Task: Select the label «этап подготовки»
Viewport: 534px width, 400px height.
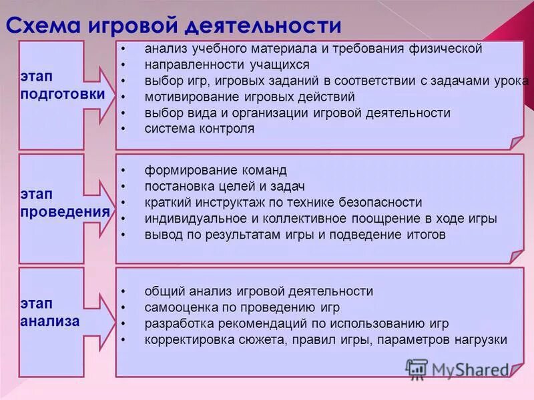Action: click(x=62, y=86)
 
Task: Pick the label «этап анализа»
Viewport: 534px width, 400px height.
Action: click(x=50, y=313)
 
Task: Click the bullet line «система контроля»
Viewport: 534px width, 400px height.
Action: click(x=200, y=129)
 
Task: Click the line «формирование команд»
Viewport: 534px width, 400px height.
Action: click(x=216, y=170)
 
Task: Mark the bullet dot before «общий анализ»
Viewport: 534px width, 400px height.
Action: click(x=123, y=292)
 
